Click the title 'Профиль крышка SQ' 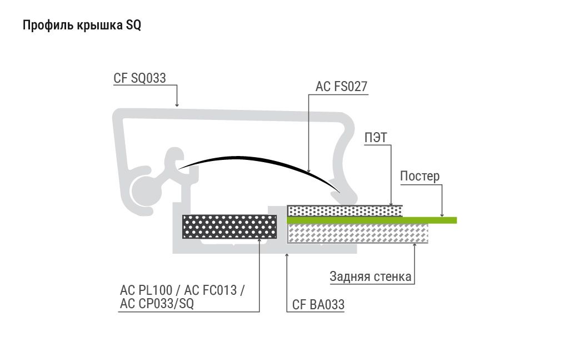pos(82,26)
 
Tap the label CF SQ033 pos(139,78)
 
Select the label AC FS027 pos(342,86)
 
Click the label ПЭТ pos(376,138)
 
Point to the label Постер pos(420,176)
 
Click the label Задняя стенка pos(371,276)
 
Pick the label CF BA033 pos(318,304)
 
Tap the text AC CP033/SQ pos(157,303)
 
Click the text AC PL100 pos(146,290)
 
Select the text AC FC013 pos(211,290)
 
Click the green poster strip pos(372,220)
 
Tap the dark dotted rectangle pos(229,227)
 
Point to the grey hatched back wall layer pos(357,233)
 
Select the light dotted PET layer pos(345,211)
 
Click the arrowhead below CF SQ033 pos(177,105)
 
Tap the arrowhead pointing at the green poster pos(442,214)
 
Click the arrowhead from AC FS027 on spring pos(309,170)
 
